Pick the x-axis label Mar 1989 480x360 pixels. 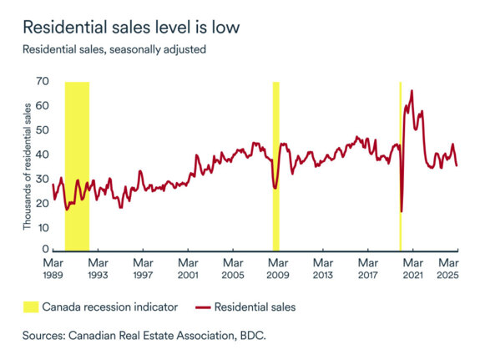pos(52,268)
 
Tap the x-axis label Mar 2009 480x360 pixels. pos(278,268)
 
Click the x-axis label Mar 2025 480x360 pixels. pos(452,268)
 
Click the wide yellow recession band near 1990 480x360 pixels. pos(77,165)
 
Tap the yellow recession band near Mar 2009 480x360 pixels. pos(275,165)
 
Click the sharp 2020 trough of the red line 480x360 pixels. pos(402,211)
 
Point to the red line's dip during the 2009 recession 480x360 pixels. pos(275,188)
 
